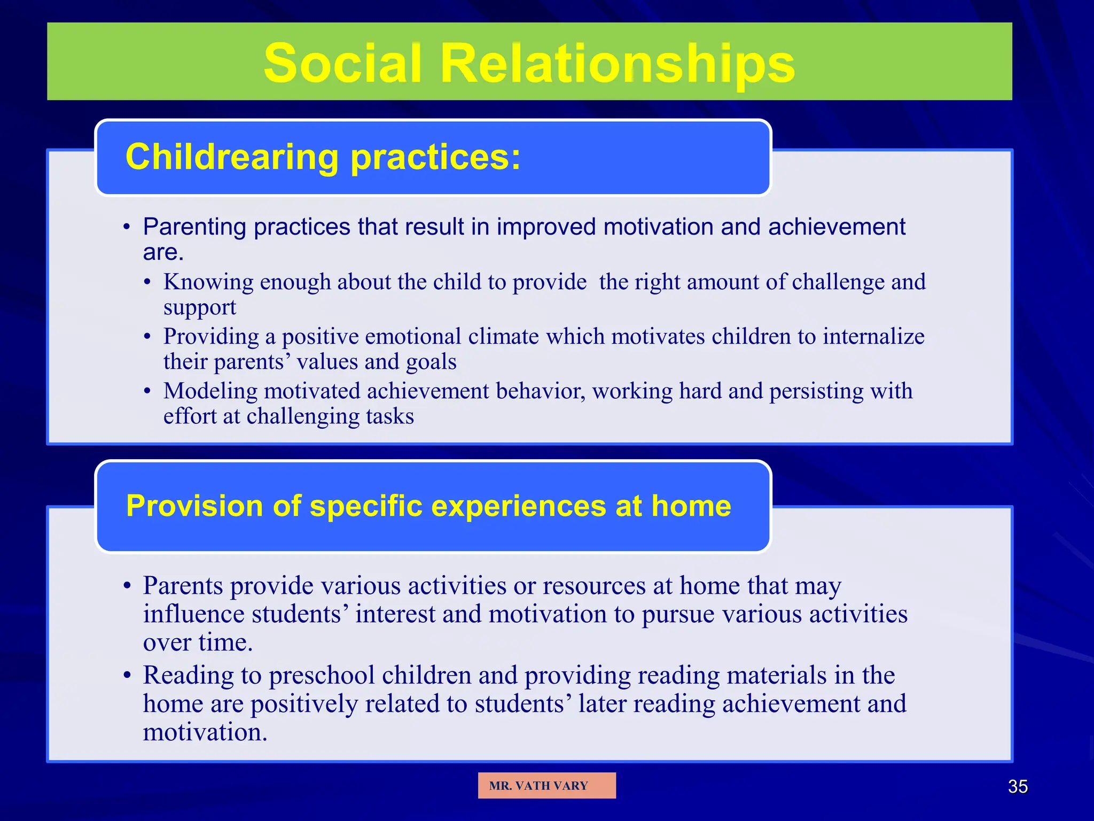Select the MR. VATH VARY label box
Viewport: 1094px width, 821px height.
[x=546, y=785]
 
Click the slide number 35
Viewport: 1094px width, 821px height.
[x=1017, y=786]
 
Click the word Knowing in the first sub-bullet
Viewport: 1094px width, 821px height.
[x=208, y=282]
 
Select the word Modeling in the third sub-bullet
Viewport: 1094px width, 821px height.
[x=210, y=391]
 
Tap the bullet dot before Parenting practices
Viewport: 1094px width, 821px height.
[x=127, y=228]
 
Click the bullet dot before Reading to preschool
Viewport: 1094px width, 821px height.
[x=127, y=675]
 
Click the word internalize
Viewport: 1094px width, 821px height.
[x=873, y=336]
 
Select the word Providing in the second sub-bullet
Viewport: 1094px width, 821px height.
[x=212, y=336]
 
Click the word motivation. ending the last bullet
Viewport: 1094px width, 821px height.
[x=205, y=732]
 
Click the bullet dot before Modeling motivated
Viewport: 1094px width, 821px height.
[x=147, y=391]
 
